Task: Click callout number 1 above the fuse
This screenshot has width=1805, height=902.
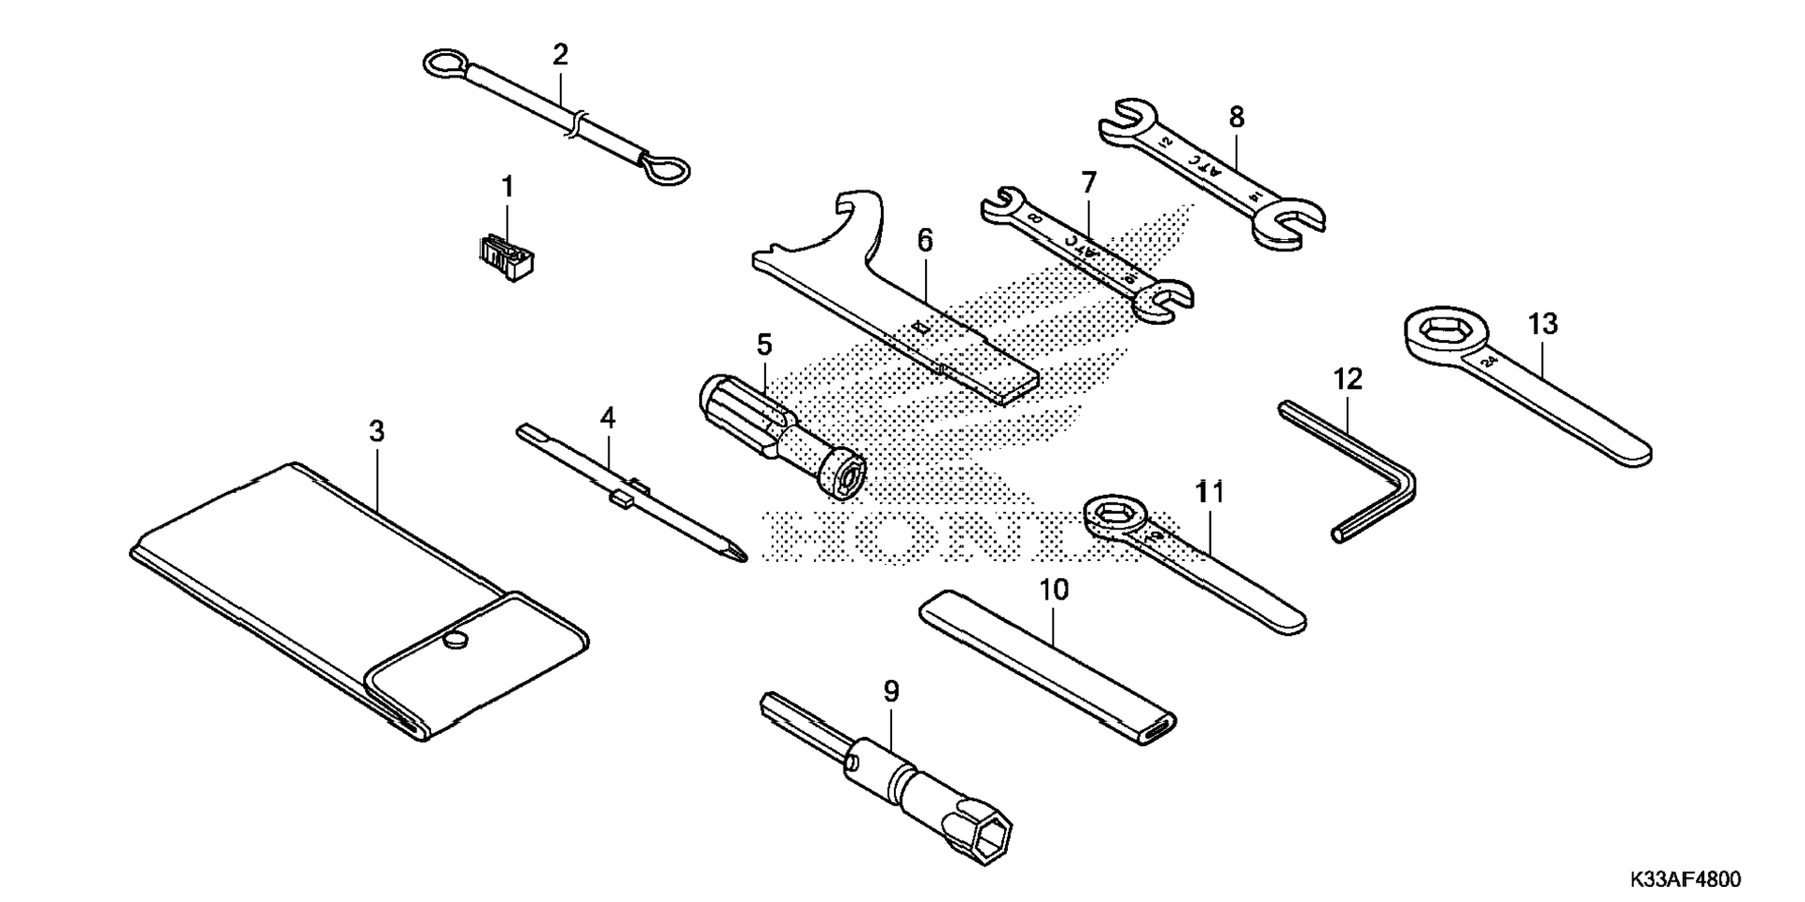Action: (507, 188)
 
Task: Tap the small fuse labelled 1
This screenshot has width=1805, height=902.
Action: (507, 257)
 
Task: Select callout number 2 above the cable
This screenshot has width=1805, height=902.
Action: (560, 54)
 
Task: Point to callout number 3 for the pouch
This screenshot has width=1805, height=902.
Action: (376, 431)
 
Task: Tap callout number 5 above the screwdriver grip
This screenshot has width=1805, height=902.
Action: (764, 345)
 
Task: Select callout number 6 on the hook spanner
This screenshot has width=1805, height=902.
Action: (924, 241)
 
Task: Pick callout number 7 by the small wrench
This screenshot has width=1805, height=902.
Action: (1088, 183)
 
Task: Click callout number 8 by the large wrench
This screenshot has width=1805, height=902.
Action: (1237, 117)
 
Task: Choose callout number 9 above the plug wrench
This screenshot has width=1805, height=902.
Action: (891, 692)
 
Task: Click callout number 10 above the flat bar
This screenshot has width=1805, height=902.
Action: (1054, 590)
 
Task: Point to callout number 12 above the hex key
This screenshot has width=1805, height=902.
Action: (1348, 378)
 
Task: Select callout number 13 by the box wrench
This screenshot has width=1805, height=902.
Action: (1543, 324)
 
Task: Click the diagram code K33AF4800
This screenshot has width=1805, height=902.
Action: (1686, 880)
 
